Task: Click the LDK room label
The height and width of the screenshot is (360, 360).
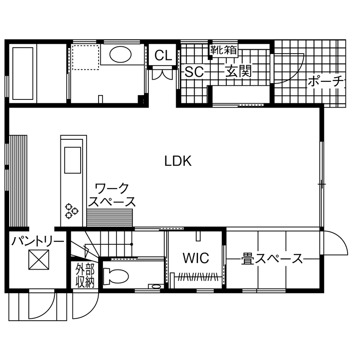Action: click(x=177, y=161)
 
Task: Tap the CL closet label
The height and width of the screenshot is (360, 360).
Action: click(x=163, y=55)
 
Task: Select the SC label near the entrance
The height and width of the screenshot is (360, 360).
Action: click(x=194, y=72)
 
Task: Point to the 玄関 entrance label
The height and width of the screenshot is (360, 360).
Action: click(x=238, y=72)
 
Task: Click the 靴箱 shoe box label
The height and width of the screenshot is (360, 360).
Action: click(x=223, y=50)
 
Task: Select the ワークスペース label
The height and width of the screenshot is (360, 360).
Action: click(x=112, y=195)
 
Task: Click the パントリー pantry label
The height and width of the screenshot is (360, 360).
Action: click(x=38, y=241)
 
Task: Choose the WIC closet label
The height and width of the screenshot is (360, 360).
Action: click(x=195, y=258)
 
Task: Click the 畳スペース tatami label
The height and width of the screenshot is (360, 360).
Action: click(x=272, y=259)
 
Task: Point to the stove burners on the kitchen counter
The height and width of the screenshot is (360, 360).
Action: click(x=72, y=210)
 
